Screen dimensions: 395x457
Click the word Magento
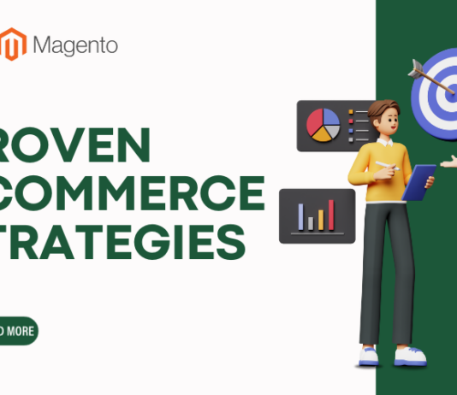click(76, 44)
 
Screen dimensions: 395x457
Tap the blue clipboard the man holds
click(419, 182)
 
